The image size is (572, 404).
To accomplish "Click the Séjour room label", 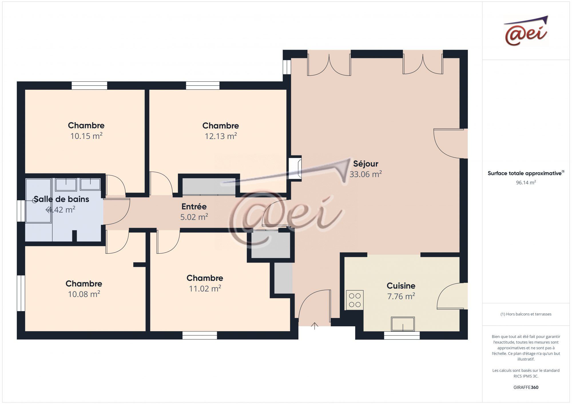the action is [366, 164].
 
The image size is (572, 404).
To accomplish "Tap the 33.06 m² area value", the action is [366, 174].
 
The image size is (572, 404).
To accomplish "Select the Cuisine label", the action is [401, 286].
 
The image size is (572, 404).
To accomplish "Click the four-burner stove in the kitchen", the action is [355, 300].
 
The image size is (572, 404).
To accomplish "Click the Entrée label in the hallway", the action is [194, 207].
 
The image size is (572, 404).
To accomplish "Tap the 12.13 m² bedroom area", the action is [221, 136].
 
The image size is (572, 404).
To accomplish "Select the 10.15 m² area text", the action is [86, 136].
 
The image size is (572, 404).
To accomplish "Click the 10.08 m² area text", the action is [84, 294].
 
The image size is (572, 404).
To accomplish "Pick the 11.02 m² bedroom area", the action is [205, 289].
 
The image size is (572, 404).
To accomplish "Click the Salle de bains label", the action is [61, 199].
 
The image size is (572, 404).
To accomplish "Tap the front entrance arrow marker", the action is [315, 326].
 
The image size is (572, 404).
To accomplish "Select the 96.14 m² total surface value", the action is [526, 183].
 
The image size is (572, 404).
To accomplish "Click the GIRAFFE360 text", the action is [526, 387].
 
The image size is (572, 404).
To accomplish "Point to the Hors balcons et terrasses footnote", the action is [526, 314].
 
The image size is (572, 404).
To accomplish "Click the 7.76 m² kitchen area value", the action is [401, 296].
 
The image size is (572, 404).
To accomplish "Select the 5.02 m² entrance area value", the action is [194, 217].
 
